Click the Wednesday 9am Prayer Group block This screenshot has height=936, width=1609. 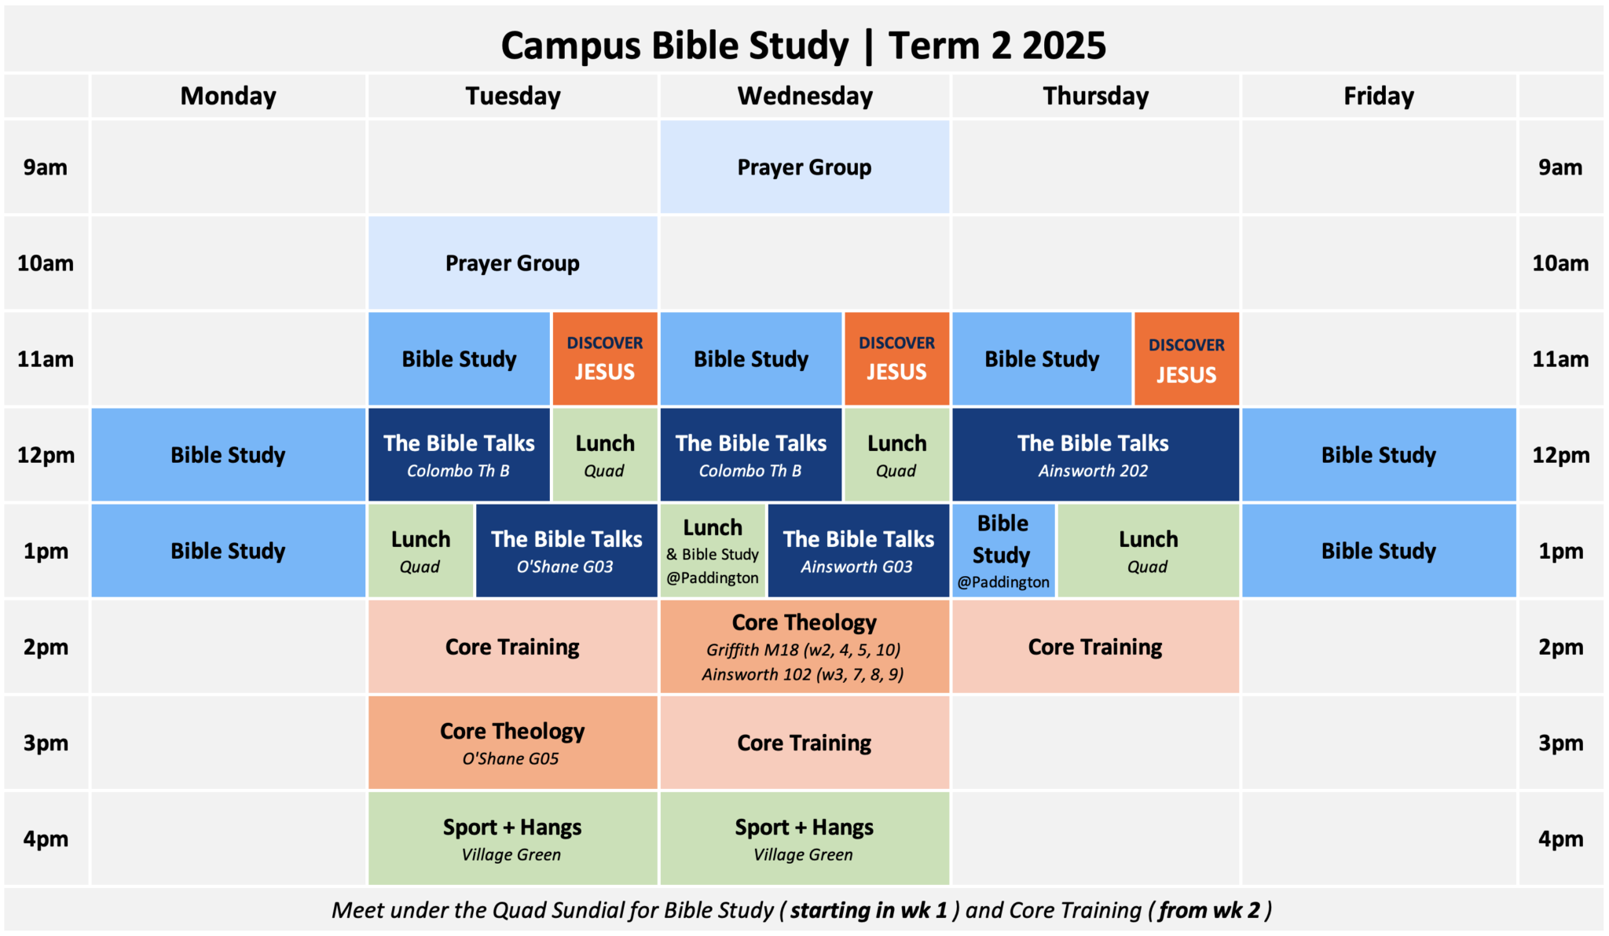pos(804,167)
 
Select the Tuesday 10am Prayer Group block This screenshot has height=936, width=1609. pos(512,263)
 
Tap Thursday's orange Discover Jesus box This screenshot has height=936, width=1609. pos(1186,359)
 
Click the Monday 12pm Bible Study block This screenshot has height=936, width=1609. pos(228,455)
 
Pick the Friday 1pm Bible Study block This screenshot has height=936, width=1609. pos(1379,551)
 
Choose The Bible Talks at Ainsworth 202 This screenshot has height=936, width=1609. pos(1094,455)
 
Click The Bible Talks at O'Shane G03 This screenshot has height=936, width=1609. pos(566,551)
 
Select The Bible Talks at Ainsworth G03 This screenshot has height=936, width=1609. pos(858,551)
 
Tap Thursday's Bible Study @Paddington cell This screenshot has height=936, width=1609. pos(1003,551)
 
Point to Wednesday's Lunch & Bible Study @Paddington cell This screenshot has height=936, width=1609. pos(713,551)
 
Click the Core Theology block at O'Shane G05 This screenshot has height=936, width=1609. pos(512,743)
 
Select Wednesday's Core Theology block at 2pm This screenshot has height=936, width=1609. pos(804,647)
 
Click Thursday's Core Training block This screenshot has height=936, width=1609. pos(1094,647)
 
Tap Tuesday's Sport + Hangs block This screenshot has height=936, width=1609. pos(512,839)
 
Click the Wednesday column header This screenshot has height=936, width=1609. pos(804,97)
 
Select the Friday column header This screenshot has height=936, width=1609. pos(1379,97)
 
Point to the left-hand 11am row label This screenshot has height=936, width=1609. pos(46,359)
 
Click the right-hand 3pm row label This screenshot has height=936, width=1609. pos(1560,743)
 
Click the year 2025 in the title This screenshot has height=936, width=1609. pos(1064,46)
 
